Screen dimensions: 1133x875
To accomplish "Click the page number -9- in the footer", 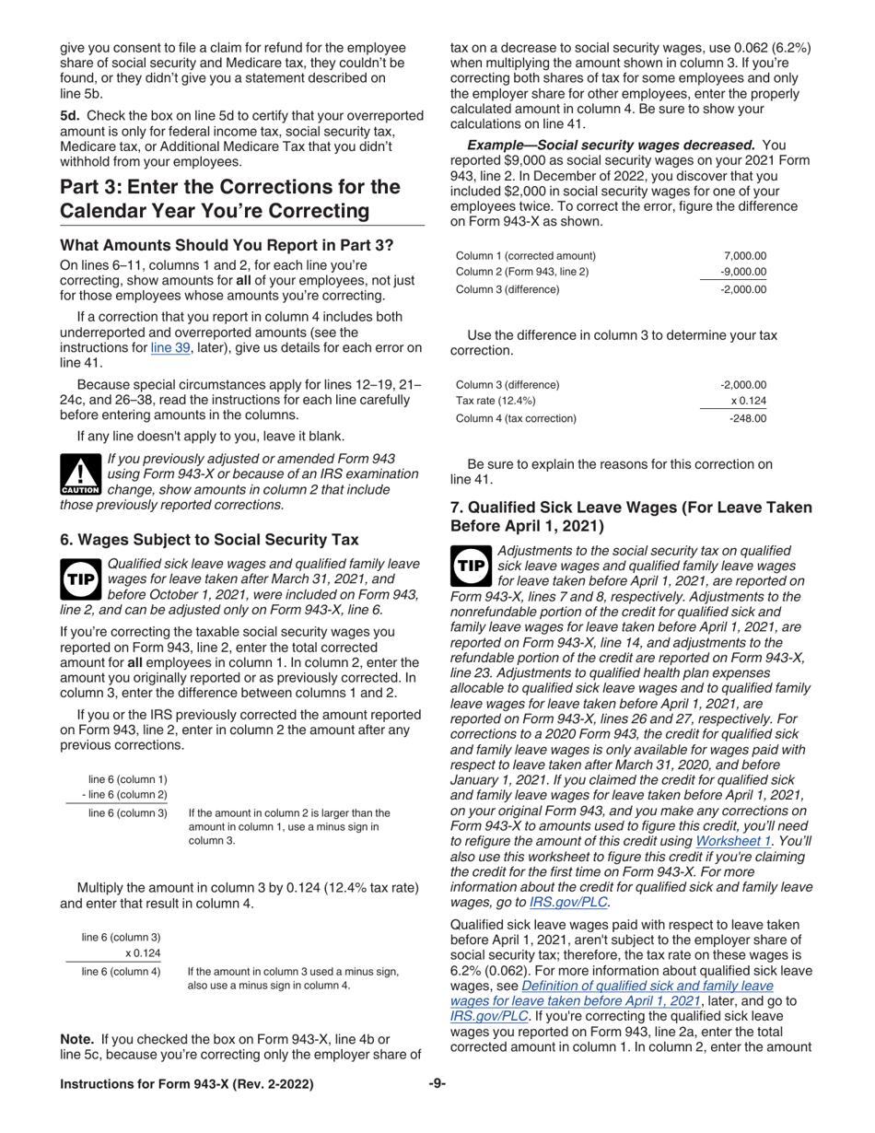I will coord(437,1083).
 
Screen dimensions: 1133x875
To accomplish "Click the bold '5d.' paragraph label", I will coord(71,115).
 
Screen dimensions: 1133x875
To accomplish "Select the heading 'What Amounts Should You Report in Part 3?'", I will coord(227,245).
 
